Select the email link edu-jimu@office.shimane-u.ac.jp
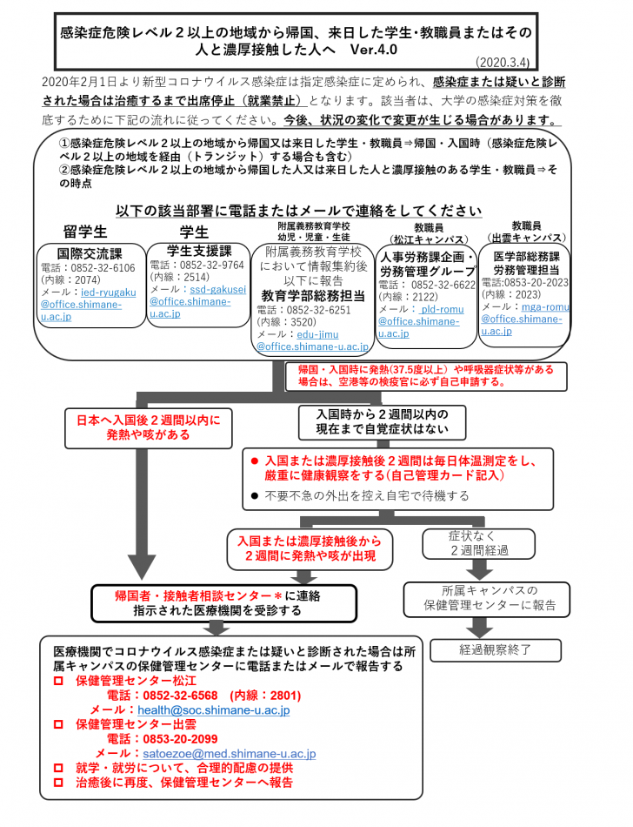pyautogui.click(x=308, y=340)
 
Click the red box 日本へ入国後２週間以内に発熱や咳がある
pyautogui.click(x=143, y=426)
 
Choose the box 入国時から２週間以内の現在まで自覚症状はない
pyautogui.click(x=383, y=421)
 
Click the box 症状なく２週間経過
pyautogui.click(x=479, y=544)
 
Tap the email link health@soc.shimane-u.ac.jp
pyautogui.click(x=213, y=710)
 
